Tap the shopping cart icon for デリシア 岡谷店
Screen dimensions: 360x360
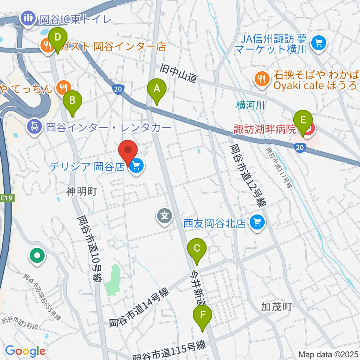[135, 165]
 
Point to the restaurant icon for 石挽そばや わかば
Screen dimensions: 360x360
[260, 79]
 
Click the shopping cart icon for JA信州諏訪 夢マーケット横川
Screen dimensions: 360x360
[319, 43]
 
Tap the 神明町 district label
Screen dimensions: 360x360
[82, 192]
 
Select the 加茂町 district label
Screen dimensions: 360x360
[277, 307]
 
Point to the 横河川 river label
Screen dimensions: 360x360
[250, 106]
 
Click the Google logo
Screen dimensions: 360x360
[25, 351]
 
